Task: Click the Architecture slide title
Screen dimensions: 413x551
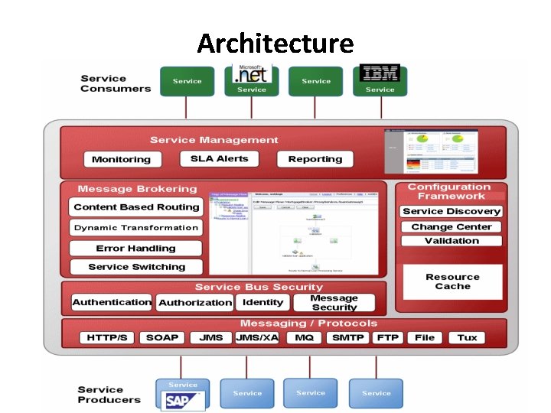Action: coord(275,43)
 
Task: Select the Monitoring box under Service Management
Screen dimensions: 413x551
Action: coord(122,160)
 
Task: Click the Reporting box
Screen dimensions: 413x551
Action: coord(315,159)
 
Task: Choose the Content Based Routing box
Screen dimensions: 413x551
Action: coord(136,207)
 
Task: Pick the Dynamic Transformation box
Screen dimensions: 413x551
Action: coord(136,228)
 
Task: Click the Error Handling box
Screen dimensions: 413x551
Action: coord(136,249)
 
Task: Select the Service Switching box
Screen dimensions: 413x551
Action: coord(136,267)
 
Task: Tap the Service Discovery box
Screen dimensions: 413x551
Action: coord(452,211)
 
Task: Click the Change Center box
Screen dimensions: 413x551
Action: coord(452,227)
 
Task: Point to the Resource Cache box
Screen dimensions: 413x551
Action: coord(452,281)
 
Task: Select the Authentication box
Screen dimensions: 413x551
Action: coord(112,303)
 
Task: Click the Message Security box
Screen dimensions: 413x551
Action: coord(334,303)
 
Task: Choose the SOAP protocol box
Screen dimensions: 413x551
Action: coord(162,337)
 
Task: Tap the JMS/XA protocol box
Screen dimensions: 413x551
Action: coord(257,337)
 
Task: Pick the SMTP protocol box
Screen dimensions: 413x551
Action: coord(348,337)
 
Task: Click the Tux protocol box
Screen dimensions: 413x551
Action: coord(467,337)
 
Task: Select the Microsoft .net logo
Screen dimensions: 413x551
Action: coord(252,74)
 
